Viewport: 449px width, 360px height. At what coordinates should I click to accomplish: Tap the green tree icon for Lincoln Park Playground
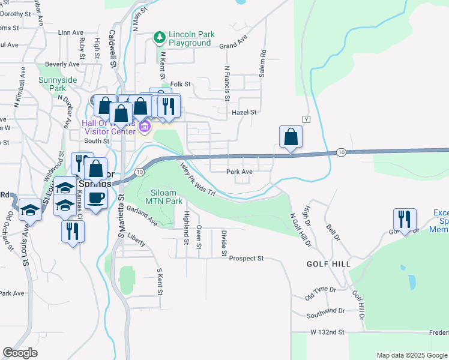point(160,38)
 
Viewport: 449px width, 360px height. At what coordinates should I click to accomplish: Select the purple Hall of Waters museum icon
point(144,126)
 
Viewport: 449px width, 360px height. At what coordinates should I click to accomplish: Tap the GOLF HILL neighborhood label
point(328,263)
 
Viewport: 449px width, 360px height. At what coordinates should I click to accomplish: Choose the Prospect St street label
point(248,258)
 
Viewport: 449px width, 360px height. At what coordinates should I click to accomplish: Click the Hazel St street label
point(244,112)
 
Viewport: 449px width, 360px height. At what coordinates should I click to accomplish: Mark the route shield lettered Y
point(306,119)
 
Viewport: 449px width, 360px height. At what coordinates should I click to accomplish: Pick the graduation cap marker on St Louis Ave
point(30,209)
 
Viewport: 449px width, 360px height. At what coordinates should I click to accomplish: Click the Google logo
point(20,353)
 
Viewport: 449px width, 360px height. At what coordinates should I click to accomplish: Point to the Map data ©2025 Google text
point(411,355)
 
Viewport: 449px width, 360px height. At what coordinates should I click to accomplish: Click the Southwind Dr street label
point(325,311)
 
